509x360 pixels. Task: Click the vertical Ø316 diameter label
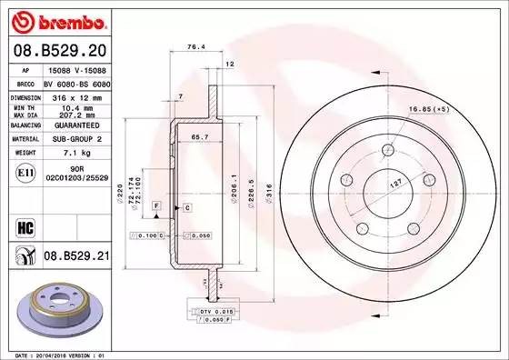pyautogui.click(x=267, y=192)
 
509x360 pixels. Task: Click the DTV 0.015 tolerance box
pyautogui.click(x=209, y=311)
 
